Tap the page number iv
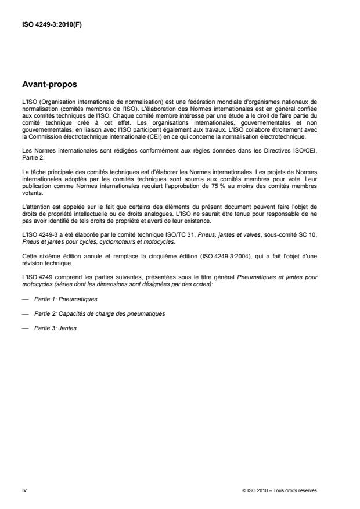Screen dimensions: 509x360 tap(24, 490)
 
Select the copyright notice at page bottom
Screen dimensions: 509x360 tap(280, 490)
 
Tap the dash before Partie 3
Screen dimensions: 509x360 tap(24, 328)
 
